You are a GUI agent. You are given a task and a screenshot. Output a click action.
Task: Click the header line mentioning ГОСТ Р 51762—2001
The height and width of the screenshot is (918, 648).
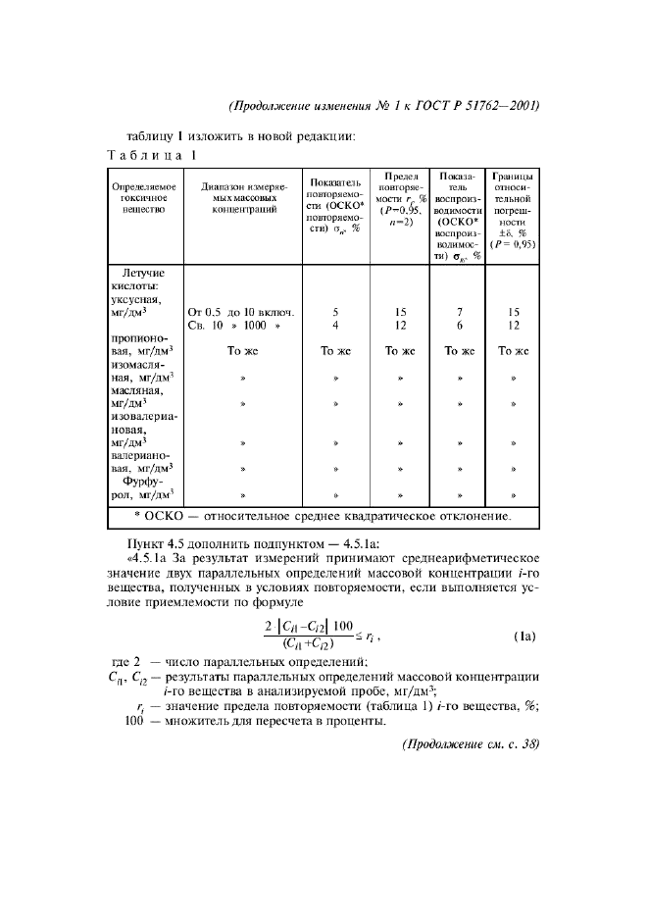[x=384, y=106]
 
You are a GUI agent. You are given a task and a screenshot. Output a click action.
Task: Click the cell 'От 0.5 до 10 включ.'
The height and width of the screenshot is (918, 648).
[x=241, y=312]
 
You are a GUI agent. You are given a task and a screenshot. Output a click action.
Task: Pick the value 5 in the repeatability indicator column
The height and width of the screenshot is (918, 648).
[x=335, y=312]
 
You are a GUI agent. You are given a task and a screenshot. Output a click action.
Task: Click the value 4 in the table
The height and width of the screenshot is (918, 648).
[x=335, y=325]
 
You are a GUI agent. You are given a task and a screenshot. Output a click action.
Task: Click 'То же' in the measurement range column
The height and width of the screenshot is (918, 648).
[x=241, y=350]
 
